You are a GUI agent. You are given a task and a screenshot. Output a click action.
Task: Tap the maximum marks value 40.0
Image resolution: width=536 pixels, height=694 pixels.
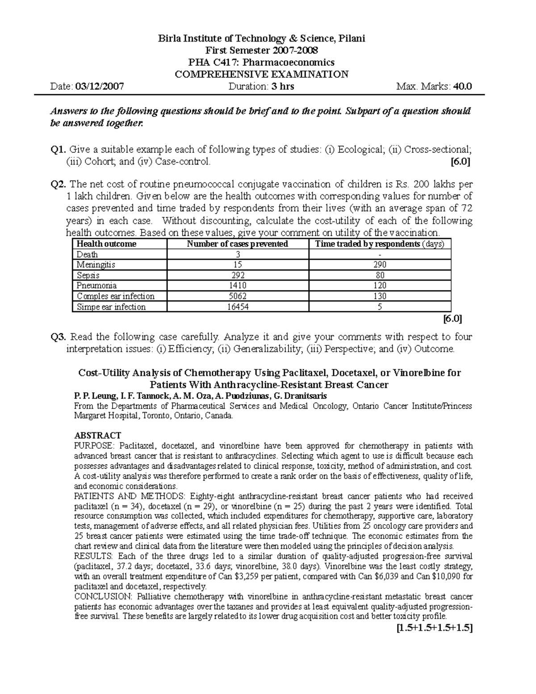[462, 87]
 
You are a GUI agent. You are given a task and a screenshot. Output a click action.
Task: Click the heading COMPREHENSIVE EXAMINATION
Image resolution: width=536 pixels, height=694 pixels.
[261, 75]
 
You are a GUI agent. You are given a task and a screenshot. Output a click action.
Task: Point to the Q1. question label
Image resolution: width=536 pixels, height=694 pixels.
[59, 150]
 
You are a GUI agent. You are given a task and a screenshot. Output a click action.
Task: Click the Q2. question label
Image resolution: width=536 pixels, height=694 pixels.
[59, 184]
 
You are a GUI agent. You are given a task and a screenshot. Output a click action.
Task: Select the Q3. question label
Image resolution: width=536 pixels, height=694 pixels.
[59, 337]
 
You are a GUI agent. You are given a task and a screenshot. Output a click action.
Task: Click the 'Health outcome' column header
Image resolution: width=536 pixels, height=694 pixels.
[106, 244]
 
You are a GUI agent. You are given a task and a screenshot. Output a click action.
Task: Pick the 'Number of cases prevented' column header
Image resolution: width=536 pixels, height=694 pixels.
[237, 244]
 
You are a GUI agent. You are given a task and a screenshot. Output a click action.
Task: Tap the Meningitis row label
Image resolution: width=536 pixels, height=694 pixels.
[96, 265]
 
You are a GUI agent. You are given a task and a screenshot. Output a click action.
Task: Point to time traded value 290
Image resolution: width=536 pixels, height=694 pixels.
[379, 265]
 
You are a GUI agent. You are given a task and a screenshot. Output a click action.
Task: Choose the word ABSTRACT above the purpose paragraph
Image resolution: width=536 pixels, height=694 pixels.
[97, 435]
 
